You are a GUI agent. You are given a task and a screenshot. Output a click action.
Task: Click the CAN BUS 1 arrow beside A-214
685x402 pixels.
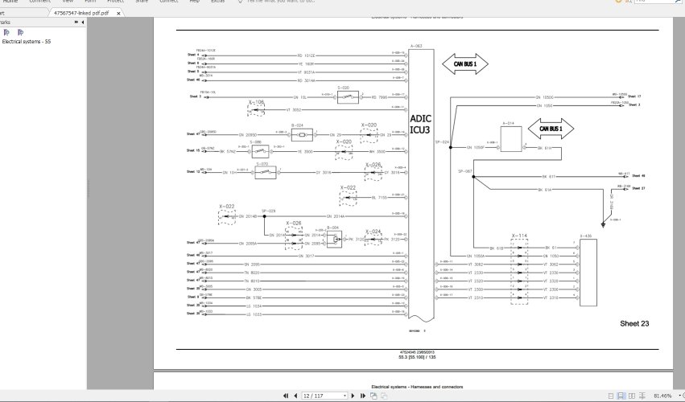(551, 128)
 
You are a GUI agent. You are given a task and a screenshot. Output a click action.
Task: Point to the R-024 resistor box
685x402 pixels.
(296, 134)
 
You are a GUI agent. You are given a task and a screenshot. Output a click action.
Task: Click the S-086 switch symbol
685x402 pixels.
(256, 150)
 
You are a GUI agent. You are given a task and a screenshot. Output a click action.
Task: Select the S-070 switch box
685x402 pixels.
(262, 171)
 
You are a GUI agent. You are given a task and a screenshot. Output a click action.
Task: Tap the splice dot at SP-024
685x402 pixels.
(452, 147)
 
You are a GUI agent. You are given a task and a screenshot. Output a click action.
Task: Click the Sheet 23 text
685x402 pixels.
(634, 323)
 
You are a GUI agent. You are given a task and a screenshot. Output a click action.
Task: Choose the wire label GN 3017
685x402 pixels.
(306, 256)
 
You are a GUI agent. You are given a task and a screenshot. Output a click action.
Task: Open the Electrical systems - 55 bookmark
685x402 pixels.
(27, 41)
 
